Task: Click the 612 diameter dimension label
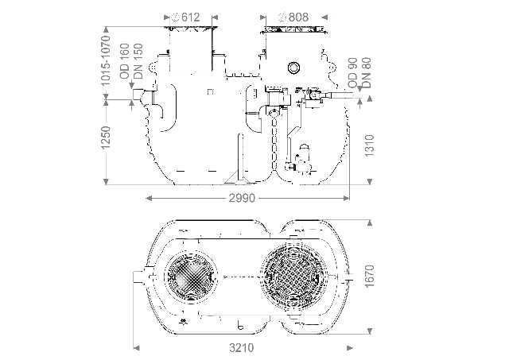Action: click(x=190, y=16)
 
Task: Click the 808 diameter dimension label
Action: click(x=293, y=16)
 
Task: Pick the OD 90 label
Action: click(x=354, y=72)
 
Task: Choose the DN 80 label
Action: click(x=367, y=72)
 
